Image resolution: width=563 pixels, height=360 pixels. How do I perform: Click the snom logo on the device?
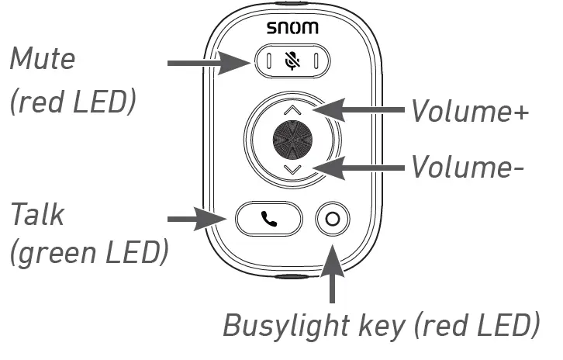(x=293, y=29)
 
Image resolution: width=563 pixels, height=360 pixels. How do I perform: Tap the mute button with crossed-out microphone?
(x=292, y=61)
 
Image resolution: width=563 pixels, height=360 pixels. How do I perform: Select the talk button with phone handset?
(x=268, y=220)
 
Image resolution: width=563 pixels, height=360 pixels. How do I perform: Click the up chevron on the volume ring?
(x=292, y=110)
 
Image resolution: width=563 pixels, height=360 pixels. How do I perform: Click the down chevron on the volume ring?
(x=292, y=169)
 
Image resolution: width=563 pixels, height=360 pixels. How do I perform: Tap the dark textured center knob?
(x=292, y=140)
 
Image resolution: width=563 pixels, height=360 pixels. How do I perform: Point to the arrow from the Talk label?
(x=199, y=220)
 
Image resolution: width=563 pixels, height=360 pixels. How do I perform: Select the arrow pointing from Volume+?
(x=357, y=111)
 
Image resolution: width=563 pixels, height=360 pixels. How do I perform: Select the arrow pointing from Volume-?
(x=357, y=167)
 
